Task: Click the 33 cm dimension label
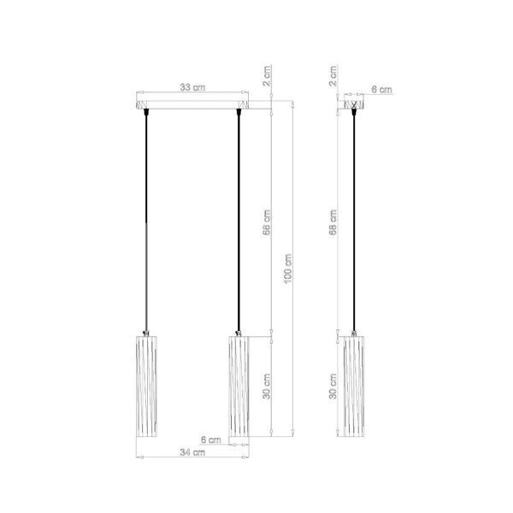(192, 87)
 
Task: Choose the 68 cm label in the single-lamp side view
(333, 224)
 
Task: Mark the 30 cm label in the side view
(333, 386)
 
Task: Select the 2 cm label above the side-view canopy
(333, 81)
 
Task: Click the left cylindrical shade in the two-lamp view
(147, 386)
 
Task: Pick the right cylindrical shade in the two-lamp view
(240, 386)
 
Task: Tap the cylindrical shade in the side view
(356, 386)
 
